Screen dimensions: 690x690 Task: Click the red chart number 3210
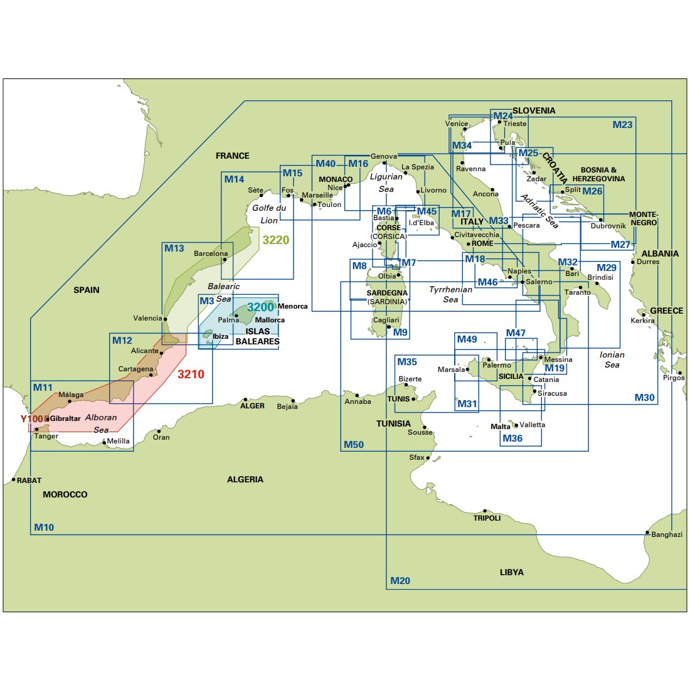click(191, 374)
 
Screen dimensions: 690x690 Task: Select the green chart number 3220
click(276, 240)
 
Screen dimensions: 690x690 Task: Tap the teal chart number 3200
click(260, 307)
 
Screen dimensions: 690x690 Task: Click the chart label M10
click(44, 528)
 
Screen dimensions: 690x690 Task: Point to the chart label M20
click(400, 581)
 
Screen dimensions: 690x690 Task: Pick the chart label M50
click(354, 445)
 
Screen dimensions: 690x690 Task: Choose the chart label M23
click(622, 125)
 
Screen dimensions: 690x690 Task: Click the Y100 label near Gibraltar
click(31, 419)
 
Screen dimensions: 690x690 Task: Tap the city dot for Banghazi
click(647, 533)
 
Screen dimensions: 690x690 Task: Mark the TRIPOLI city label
click(487, 518)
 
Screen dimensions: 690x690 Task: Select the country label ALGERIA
click(245, 480)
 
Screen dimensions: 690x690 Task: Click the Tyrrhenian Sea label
click(450, 294)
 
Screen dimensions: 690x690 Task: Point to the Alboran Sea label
click(101, 423)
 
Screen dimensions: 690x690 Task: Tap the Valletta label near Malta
click(532, 425)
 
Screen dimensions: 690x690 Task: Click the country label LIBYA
click(512, 572)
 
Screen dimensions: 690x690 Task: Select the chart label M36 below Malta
click(512, 438)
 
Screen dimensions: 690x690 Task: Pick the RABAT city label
click(29, 480)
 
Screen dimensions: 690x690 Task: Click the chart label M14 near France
click(234, 179)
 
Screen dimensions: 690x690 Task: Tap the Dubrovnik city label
click(608, 226)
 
